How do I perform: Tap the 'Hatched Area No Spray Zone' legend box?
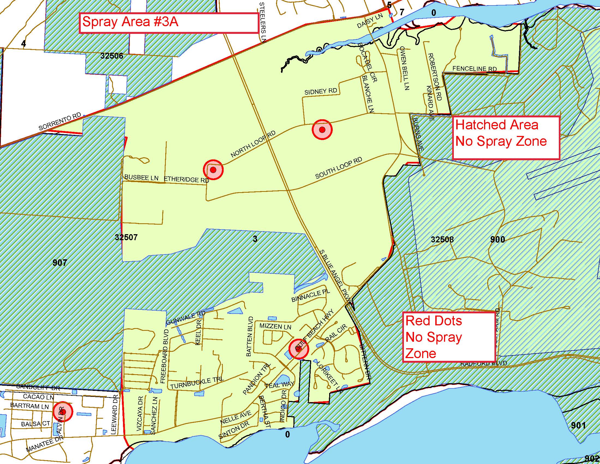(x=505, y=138)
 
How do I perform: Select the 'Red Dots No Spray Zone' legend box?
(x=449, y=337)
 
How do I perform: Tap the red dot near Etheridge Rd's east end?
(x=213, y=169)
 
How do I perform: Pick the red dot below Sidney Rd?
(x=322, y=129)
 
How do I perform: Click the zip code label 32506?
(x=112, y=56)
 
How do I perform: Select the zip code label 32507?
(x=126, y=237)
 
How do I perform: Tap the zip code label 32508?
(x=442, y=239)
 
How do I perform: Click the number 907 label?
(x=60, y=263)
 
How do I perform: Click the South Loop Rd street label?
(x=338, y=168)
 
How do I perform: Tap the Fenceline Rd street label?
(x=475, y=69)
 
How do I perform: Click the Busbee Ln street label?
(x=142, y=178)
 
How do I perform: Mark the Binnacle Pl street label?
(x=310, y=296)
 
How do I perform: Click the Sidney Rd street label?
(x=321, y=92)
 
